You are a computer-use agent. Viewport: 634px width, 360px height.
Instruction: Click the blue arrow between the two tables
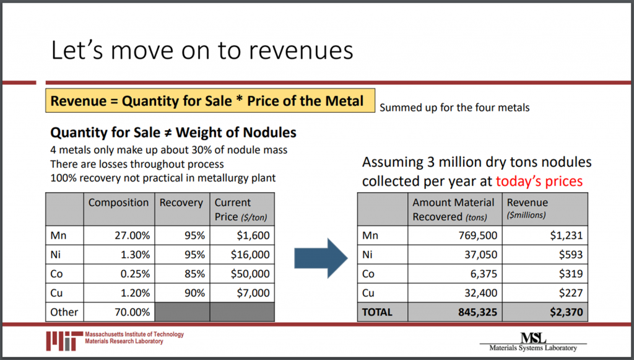319,256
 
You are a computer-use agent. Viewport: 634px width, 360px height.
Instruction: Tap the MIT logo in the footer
64,338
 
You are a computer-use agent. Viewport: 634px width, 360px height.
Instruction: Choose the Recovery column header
181,203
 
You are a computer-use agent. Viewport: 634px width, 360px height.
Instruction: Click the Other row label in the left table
64,312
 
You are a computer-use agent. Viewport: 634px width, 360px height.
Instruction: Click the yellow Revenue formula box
210,101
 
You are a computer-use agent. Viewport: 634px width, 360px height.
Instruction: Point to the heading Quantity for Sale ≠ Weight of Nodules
173,133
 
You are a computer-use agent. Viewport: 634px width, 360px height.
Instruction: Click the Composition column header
118,203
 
